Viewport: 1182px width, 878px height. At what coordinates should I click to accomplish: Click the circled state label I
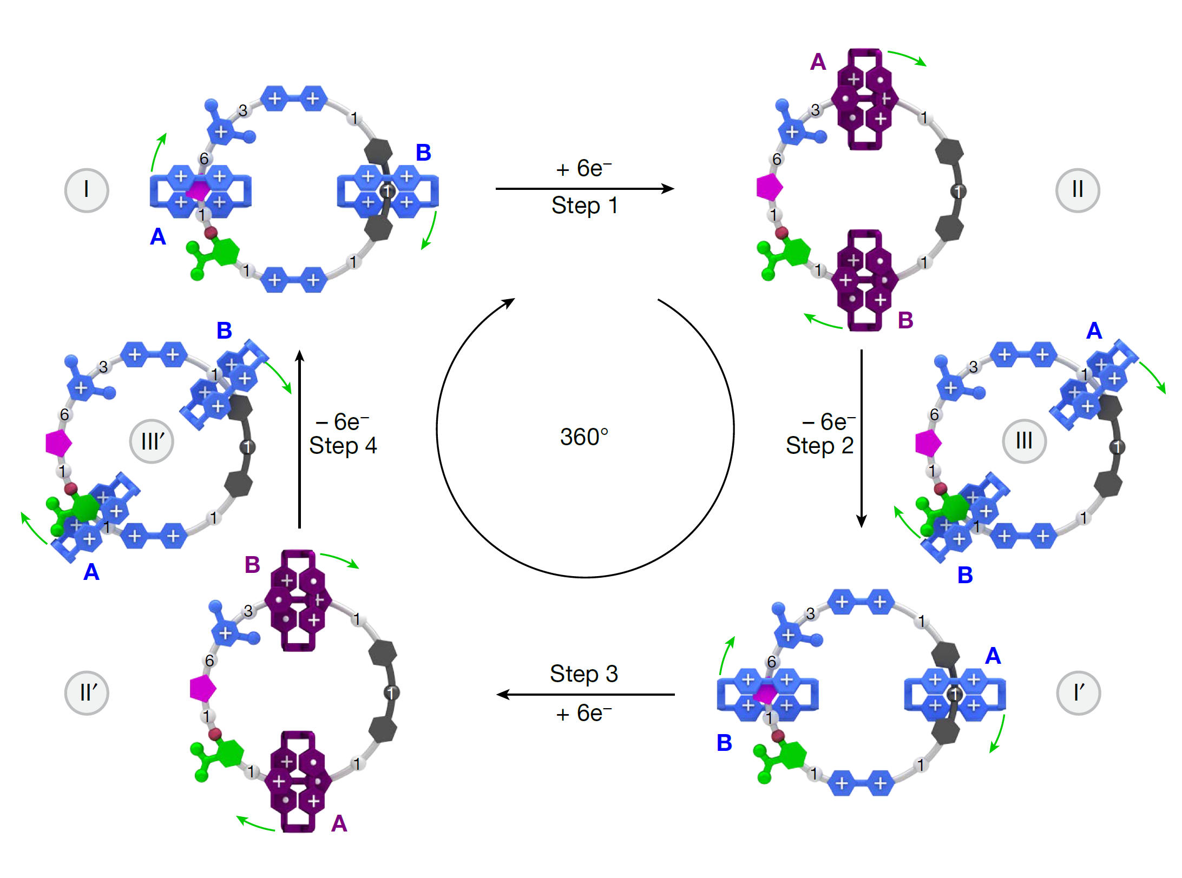pyautogui.click(x=87, y=190)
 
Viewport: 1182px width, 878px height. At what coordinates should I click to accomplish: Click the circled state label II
pyautogui.click(x=1078, y=190)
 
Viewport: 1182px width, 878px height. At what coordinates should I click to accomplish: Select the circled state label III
pyautogui.click(x=1024, y=441)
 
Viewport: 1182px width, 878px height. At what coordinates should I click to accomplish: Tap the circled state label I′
pyautogui.click(x=1078, y=693)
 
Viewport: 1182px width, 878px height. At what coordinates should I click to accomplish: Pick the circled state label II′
pyautogui.click(x=87, y=693)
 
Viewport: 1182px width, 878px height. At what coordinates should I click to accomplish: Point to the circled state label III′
pyautogui.click(x=152, y=441)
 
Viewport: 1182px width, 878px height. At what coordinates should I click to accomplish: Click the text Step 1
pyautogui.click(x=585, y=206)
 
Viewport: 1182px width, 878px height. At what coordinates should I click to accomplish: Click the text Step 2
pyautogui.click(x=819, y=446)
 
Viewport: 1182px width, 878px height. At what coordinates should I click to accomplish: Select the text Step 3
pyautogui.click(x=584, y=674)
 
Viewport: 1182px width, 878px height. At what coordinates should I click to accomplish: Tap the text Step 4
pyautogui.click(x=343, y=446)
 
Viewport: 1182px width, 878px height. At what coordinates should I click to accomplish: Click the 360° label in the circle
pyautogui.click(x=585, y=437)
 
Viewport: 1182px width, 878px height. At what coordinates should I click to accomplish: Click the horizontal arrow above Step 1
pyautogui.click(x=585, y=188)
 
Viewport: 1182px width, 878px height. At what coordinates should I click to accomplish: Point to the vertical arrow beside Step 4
pyautogui.click(x=300, y=438)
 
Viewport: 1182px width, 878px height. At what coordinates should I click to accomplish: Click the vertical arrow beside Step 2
pyautogui.click(x=862, y=438)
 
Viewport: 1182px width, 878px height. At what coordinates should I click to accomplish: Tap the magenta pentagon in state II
pyautogui.click(x=769, y=187)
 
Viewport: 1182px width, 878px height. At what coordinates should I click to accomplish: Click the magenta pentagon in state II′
pyautogui.click(x=203, y=689)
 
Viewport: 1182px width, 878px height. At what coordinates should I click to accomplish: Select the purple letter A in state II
pyautogui.click(x=818, y=62)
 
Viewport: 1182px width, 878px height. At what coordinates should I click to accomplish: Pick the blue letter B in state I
pyautogui.click(x=423, y=153)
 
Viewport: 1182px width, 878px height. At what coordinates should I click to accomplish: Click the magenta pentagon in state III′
pyautogui.click(x=58, y=443)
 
